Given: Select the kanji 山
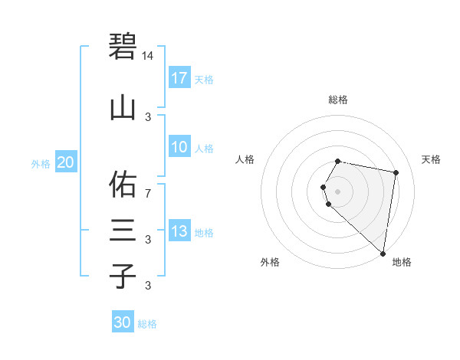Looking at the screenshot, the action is [x=123, y=108].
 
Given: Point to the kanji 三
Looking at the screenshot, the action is [x=123, y=229].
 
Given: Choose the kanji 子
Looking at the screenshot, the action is [x=123, y=275].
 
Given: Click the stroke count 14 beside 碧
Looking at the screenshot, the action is [x=148, y=56].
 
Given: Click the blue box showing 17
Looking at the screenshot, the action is [x=179, y=78].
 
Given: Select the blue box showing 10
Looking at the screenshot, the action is [x=179, y=147].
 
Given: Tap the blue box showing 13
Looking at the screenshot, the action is [x=179, y=231].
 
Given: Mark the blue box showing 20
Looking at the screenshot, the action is [x=66, y=162].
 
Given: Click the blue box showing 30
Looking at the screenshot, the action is [x=123, y=322].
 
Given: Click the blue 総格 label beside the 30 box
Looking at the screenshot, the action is [x=147, y=324].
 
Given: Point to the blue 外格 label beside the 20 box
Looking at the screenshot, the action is [x=41, y=163].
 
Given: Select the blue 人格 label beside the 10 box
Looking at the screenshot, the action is [x=204, y=149].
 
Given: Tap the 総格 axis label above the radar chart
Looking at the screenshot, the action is [x=338, y=100].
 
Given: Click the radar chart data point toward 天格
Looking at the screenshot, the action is [x=396, y=173].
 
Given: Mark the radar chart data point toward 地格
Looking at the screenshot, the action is [x=383, y=252].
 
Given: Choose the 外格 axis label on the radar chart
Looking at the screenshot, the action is [x=270, y=262].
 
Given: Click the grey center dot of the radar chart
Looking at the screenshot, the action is [x=338, y=190].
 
